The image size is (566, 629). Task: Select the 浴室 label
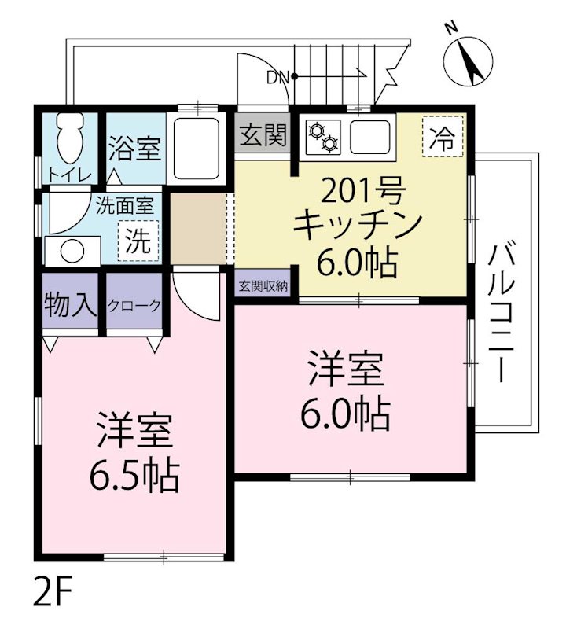[x=134, y=148]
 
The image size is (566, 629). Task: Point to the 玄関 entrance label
[x=263, y=138]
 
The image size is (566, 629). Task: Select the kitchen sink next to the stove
[x=372, y=137]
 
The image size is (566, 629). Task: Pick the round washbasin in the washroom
[x=72, y=252]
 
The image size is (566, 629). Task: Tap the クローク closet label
[x=134, y=305]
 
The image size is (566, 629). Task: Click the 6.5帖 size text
[x=134, y=475]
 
